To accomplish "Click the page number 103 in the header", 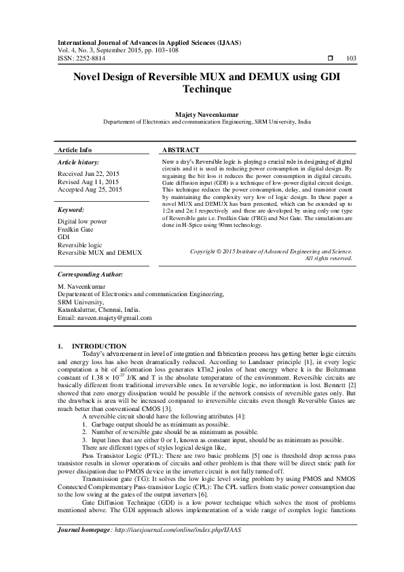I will click(x=351, y=58).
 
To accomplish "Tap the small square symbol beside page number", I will click(x=329, y=58).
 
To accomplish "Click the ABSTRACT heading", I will click(x=181, y=149).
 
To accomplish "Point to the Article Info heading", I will click(x=75, y=149).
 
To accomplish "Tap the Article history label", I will click(x=79, y=163).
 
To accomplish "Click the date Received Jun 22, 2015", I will click(x=90, y=175).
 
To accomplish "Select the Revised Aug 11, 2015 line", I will click(x=88, y=182).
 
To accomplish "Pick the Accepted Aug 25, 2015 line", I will click(x=90, y=190).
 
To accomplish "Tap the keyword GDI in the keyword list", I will click(x=64, y=237).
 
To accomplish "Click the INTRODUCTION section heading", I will click(x=99, y=346).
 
